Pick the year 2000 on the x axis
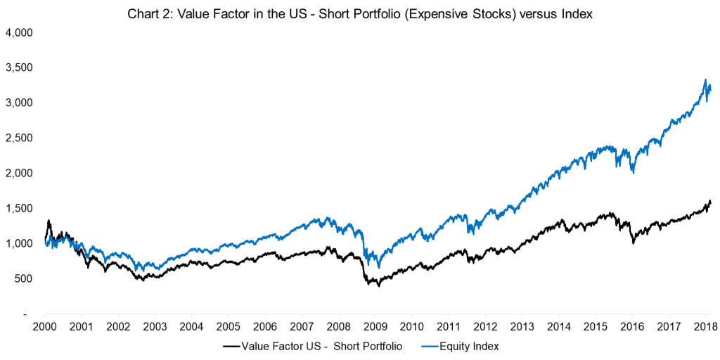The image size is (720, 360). click(x=44, y=328)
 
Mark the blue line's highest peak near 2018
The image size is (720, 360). click(x=705, y=80)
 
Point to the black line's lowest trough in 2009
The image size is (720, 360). click(x=379, y=285)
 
